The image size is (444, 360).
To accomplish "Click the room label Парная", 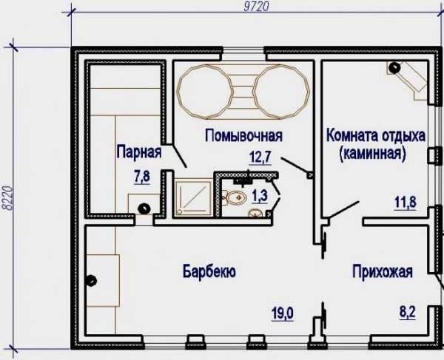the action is tap(139, 152).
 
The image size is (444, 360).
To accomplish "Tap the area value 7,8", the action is tap(142, 177).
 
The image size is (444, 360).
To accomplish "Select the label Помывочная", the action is tap(243, 135).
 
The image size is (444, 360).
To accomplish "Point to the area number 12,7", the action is tap(260, 157).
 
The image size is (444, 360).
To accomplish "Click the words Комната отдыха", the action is tap(376, 135).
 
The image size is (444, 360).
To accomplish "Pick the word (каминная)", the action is tap(373, 153).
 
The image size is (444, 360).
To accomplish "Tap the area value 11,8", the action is tap(406, 203).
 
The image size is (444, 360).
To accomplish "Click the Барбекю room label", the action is tap(209, 272).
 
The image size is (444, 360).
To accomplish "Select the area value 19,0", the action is tap(283, 313).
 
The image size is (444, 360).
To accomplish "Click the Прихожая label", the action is tap(383, 271).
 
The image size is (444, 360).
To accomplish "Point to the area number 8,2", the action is tap(408, 313).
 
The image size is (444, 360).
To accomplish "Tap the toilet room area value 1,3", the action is tap(260, 196).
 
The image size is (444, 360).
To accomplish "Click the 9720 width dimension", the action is tap(256, 6).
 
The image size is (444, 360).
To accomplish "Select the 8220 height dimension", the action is tap(7, 198).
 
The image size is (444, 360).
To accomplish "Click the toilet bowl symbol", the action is tap(235, 197).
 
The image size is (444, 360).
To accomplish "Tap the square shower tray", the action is tap(193, 197).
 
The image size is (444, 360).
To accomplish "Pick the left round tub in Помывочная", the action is tap(205, 92).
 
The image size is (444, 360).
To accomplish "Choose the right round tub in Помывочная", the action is tap(281, 92).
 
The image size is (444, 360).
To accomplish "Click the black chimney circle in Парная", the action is tap(144, 209).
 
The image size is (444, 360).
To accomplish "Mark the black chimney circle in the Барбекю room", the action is tap(91, 281).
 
